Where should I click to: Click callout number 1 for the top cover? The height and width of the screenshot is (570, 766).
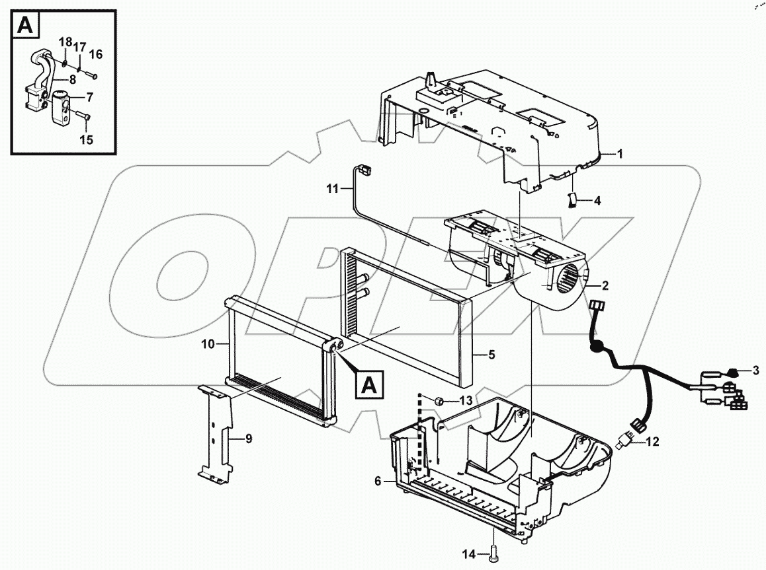point(620,154)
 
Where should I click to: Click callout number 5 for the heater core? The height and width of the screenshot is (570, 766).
point(491,355)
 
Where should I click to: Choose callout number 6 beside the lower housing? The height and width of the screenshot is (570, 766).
point(378,481)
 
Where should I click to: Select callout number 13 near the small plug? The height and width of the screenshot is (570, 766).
point(467,401)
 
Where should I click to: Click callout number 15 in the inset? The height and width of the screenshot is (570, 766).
point(86,139)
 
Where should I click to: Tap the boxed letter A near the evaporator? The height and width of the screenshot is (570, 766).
point(370,384)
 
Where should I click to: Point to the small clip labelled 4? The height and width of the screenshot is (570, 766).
point(573,199)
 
